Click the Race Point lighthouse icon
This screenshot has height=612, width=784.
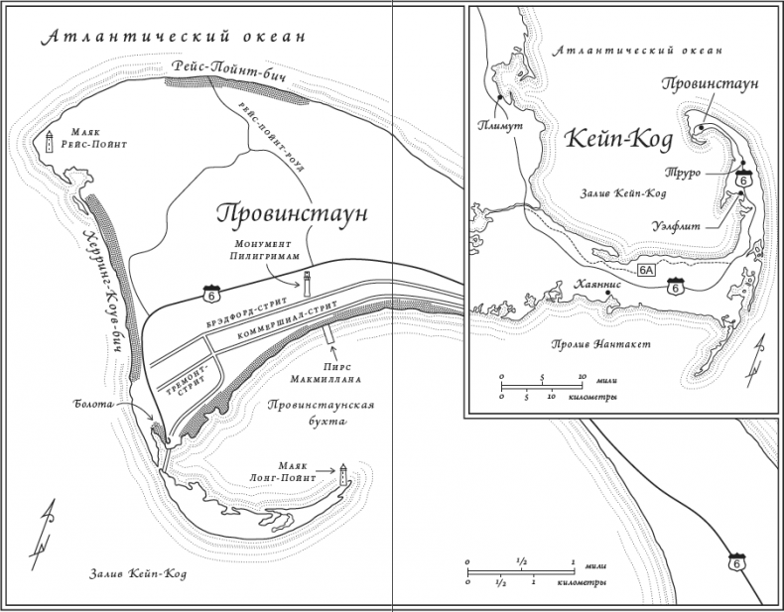[x=48, y=142]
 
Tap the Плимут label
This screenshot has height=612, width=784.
[x=496, y=125]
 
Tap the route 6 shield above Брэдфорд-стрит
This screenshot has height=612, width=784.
[x=209, y=296]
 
